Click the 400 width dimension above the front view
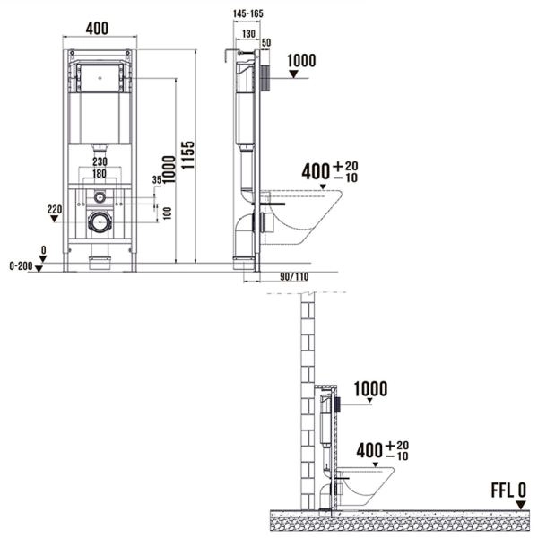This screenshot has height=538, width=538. point(97,29)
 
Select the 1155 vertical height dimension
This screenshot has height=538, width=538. point(188,155)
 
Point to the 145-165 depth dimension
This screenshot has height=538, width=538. point(248,13)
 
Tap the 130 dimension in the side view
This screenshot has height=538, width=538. point(248,34)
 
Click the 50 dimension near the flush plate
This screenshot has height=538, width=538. point(266,42)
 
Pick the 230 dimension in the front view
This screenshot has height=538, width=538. point(100,161)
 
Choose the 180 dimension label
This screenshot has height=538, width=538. point(100,174)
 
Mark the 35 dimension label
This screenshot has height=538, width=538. point(157,180)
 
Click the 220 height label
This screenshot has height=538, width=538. point(55,209)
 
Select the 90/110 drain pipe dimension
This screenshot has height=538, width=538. point(294,276)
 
